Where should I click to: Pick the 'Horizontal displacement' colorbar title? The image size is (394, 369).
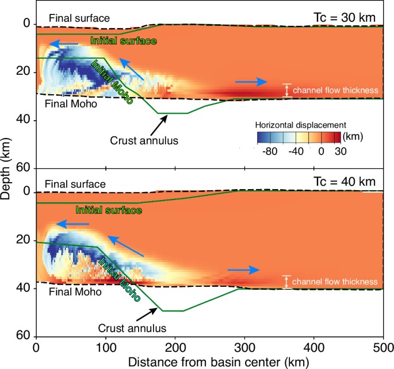tap(292, 124)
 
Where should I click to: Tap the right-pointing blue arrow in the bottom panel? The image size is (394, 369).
tap(244, 269)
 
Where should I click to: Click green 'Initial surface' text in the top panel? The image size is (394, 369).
tap(124, 41)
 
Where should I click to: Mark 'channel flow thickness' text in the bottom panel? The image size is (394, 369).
tap(335, 282)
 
